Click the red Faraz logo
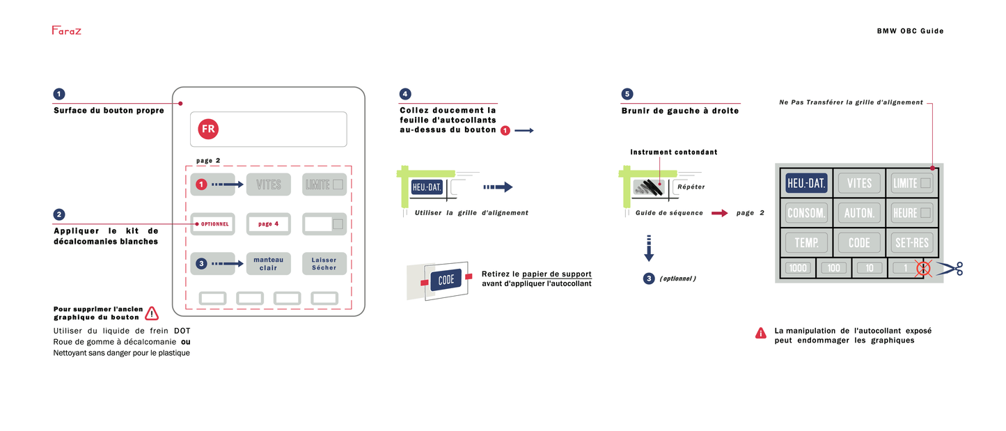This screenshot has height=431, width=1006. [66, 31]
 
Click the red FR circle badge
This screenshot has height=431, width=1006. [207, 129]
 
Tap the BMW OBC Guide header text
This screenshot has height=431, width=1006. [910, 31]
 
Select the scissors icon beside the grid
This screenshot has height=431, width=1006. [951, 269]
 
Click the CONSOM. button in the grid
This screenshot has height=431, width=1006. [806, 212]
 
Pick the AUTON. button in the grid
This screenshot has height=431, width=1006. [859, 212]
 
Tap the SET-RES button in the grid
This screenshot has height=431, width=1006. [912, 242]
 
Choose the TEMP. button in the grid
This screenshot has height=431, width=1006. [806, 242]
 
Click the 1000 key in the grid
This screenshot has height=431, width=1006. [798, 268]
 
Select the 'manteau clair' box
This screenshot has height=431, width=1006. [268, 264]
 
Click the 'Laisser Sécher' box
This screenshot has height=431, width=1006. [324, 264]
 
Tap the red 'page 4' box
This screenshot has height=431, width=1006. [268, 224]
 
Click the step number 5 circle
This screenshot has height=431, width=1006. [627, 94]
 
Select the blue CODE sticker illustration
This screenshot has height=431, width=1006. [446, 281]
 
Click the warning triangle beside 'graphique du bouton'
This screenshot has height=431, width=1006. [152, 313]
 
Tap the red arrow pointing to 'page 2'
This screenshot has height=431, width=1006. [719, 213]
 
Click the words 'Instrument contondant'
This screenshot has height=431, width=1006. [673, 152]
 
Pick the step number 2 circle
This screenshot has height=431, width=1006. [59, 214]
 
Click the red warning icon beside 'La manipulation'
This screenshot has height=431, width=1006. [761, 334]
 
